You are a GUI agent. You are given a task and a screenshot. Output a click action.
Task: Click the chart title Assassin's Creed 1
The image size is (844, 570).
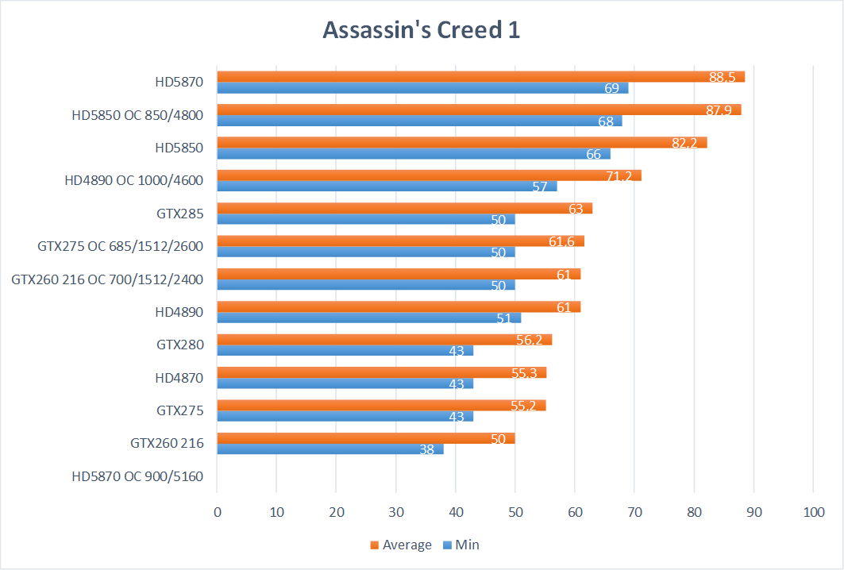(421, 29)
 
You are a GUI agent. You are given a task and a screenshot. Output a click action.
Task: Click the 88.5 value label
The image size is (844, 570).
(723, 77)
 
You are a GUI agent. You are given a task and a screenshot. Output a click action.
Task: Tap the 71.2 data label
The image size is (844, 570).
(619, 176)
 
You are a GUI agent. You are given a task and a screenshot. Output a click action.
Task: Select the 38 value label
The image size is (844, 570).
(426, 449)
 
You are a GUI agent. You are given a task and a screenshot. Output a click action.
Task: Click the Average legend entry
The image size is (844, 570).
(400, 545)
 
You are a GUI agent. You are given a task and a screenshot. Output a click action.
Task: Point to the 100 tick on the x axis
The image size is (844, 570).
(813, 512)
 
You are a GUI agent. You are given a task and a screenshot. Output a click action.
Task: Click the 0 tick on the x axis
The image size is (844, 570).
(218, 512)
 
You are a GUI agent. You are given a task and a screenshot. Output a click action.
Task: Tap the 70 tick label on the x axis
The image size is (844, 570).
(634, 512)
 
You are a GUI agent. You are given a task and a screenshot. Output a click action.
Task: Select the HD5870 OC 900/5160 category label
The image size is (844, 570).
(137, 476)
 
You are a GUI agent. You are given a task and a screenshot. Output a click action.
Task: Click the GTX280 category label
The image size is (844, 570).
(180, 345)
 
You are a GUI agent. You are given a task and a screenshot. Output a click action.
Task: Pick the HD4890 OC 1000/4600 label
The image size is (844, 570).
(134, 180)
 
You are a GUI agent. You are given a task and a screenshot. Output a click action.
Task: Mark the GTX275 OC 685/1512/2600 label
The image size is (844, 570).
(121, 246)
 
